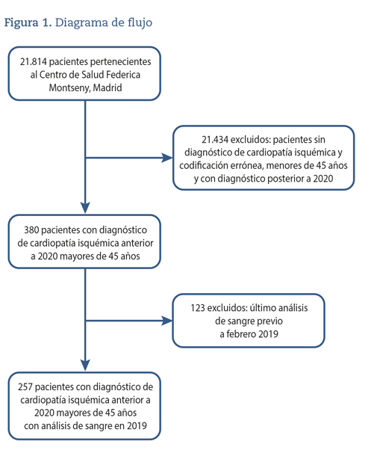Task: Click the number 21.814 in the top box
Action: [34, 61]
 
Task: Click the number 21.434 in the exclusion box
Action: [215, 139]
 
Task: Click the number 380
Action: [31, 230]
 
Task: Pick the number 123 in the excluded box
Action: [198, 308]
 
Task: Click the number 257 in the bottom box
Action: [25, 387]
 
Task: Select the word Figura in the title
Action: [21, 23]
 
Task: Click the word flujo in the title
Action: [140, 23]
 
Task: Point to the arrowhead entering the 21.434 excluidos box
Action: [167, 158]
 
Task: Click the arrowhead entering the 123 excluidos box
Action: [167, 321]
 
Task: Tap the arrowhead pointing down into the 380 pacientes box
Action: [85, 208]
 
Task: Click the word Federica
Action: [123, 75]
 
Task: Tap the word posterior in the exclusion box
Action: [288, 179]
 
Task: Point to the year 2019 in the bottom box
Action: [137, 426]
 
